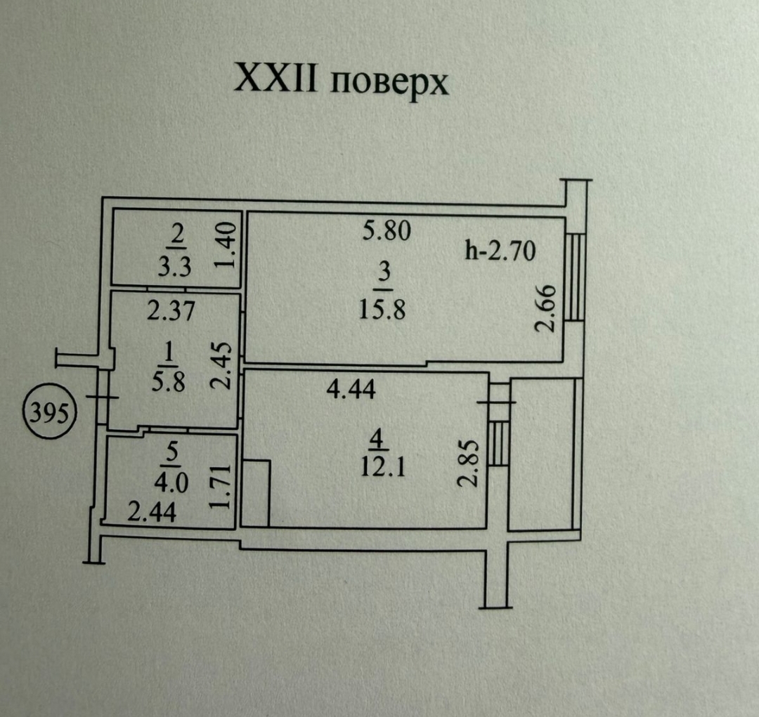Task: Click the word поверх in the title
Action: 389,83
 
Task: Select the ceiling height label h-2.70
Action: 501,250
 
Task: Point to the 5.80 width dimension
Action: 386,231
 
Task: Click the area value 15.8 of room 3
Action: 384,310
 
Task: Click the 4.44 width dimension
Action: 351,388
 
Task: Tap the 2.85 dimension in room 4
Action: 469,463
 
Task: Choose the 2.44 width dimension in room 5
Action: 152,514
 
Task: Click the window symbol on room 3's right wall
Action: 575,277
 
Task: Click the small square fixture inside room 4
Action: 256,492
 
